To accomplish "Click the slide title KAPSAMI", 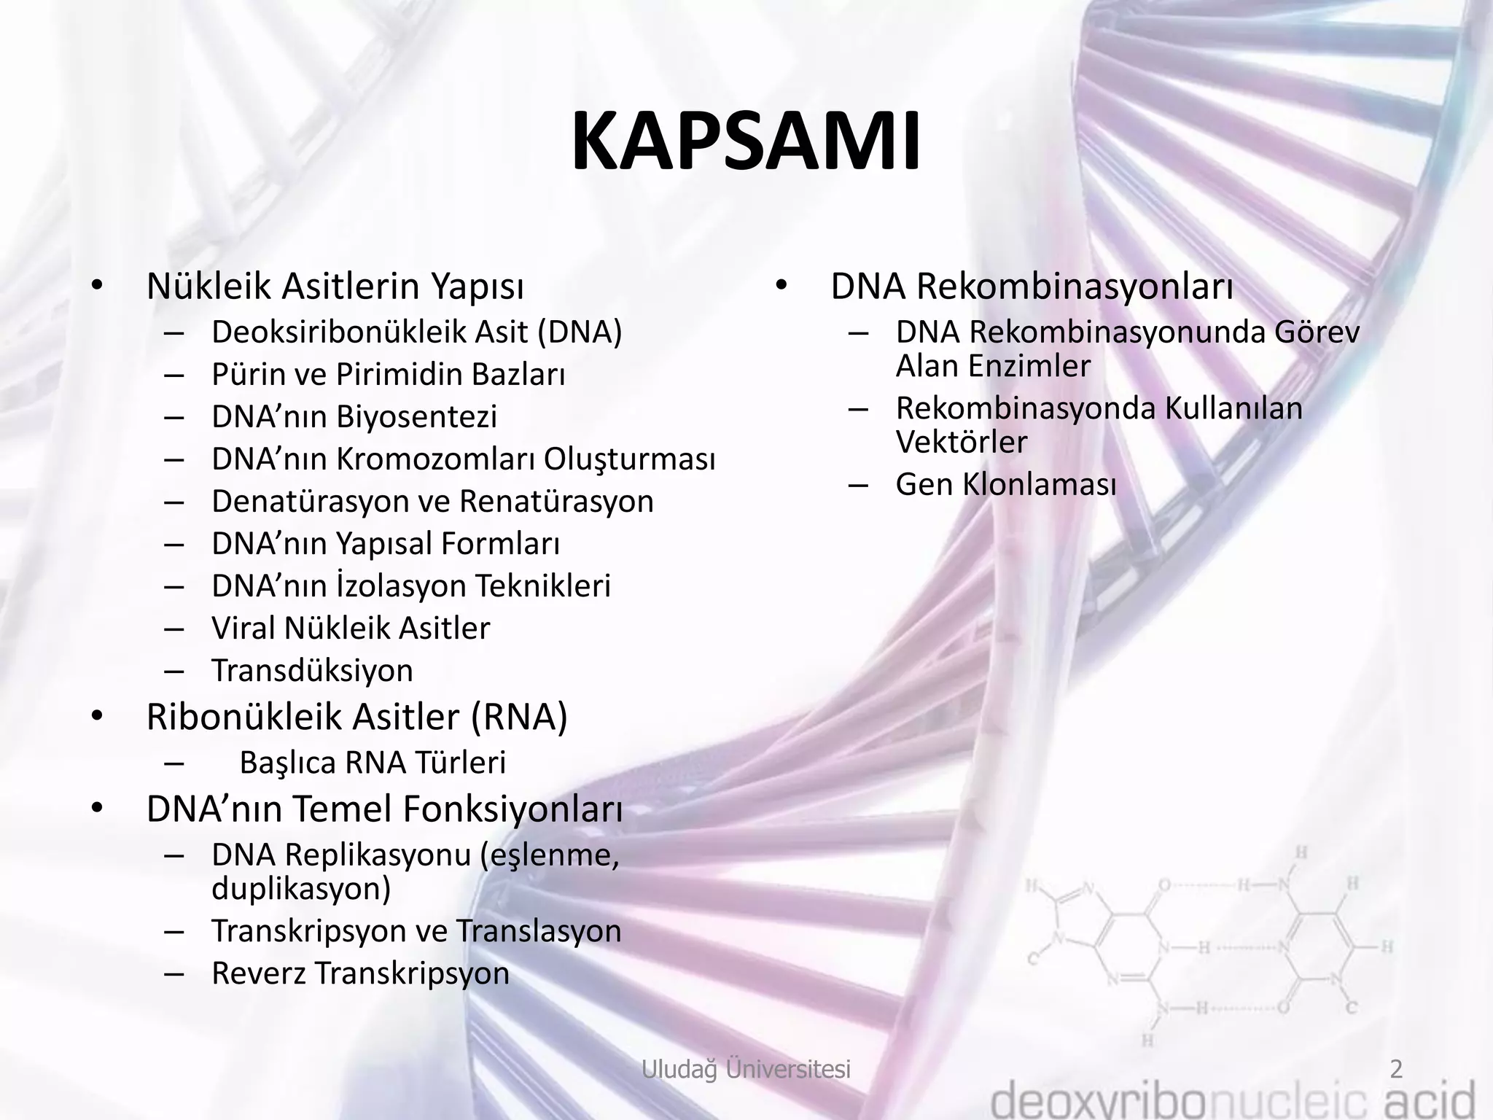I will coord(746,143).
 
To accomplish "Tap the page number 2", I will coord(1396,1069).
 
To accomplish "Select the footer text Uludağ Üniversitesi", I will coord(746,1069).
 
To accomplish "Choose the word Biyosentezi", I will coord(416,416).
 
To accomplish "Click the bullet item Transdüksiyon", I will coord(312,671).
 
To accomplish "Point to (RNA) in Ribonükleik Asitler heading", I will coord(518,717).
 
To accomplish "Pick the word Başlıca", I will coord(286,763).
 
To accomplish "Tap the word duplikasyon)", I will coord(301,889).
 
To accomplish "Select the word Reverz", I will coord(258,973).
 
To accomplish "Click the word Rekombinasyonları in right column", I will coord(1075,287).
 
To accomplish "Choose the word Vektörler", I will coord(961,442).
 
